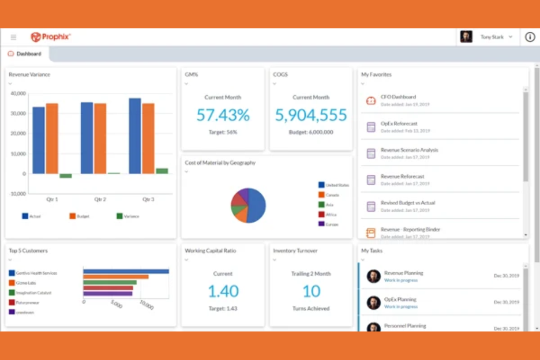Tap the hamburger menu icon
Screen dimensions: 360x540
[x=13, y=37]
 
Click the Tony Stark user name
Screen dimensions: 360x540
[x=492, y=37]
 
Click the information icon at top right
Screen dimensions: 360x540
[x=530, y=37]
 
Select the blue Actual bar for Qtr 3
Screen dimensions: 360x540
[x=135, y=136]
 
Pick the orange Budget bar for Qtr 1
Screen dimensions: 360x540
[x=52, y=138]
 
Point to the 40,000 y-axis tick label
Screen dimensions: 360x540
[x=18, y=93]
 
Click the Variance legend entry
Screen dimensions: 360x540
[x=131, y=216]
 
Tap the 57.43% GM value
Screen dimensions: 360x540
[x=223, y=115]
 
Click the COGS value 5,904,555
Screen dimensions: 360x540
[x=311, y=115]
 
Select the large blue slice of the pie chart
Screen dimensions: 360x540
[x=256, y=205]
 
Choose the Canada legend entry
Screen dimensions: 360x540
[x=332, y=195]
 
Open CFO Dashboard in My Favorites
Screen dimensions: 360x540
[x=398, y=97]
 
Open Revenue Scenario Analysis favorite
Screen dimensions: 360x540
[x=409, y=150]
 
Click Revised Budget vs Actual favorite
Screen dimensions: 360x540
[x=408, y=203]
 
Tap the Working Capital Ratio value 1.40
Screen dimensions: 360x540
[x=223, y=291]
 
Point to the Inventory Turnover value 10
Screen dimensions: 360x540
[x=311, y=291]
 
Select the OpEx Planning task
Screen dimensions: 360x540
[x=400, y=299]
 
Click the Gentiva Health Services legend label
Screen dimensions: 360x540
[x=36, y=273]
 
